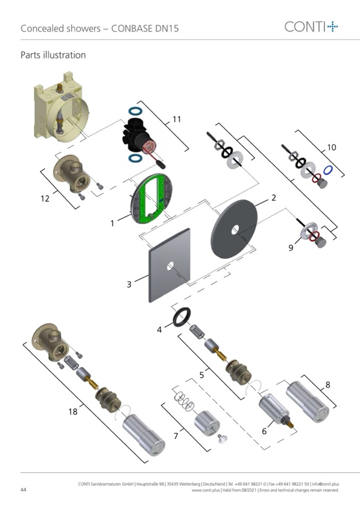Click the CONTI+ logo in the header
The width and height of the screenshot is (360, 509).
point(311,26)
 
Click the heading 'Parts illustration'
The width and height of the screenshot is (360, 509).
point(53,55)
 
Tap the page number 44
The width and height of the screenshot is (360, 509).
point(24,489)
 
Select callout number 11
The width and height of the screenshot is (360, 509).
point(176,119)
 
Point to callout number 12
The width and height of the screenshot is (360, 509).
point(45,199)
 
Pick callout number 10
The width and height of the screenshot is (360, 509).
point(331,147)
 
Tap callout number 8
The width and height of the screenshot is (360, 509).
point(327,384)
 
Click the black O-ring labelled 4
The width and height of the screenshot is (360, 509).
point(181,317)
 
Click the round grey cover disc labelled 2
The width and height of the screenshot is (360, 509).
point(234,229)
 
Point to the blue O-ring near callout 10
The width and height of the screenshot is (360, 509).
point(328,171)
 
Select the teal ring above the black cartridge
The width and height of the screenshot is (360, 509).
point(136,112)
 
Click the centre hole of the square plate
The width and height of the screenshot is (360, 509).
point(169,266)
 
